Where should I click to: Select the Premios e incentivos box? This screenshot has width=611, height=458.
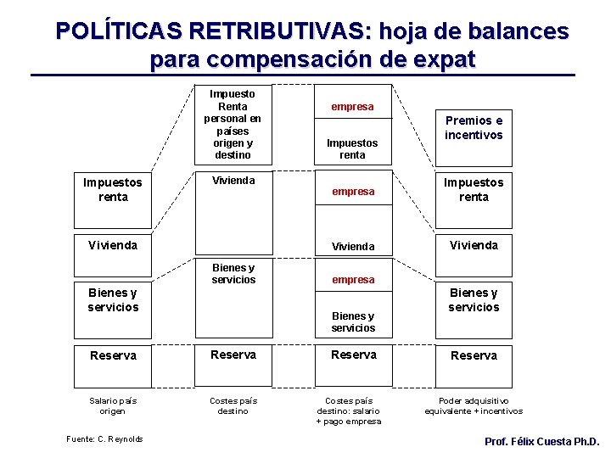click(474, 128)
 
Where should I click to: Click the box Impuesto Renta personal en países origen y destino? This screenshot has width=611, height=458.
click(233, 124)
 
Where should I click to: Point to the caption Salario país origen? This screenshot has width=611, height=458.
click(112, 405)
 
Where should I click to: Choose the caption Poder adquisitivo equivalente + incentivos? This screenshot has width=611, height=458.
click(474, 405)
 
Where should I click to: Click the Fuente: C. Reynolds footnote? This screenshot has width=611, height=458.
click(104, 438)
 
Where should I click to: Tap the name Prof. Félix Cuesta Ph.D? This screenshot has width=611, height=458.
click(541, 442)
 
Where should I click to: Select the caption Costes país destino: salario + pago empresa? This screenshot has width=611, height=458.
click(352, 411)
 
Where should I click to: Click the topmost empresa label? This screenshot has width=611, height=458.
click(352, 107)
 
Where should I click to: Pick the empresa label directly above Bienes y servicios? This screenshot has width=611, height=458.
click(352, 279)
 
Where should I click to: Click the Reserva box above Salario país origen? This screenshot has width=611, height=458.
click(112, 355)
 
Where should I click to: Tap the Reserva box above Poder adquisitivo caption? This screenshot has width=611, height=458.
click(474, 355)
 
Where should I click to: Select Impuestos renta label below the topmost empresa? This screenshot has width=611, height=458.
click(352, 149)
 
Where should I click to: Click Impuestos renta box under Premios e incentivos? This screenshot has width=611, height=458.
click(474, 190)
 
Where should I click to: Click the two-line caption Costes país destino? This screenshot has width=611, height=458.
click(233, 405)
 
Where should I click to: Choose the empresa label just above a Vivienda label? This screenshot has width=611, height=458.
click(352, 192)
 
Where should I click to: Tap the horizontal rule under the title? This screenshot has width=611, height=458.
click(303, 76)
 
